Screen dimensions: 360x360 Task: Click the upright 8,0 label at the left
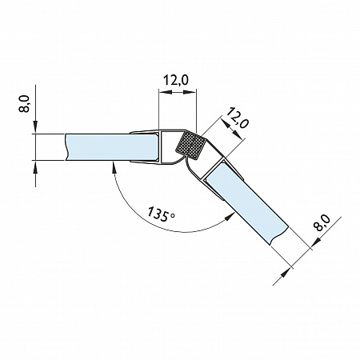24,104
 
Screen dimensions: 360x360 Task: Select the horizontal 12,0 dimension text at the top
175,80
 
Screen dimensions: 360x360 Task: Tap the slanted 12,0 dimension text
238,118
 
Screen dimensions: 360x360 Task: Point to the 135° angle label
162,214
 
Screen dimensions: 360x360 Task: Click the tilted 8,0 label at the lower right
322,223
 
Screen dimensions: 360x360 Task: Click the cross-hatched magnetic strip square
191,146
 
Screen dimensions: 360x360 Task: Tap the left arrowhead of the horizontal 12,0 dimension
165,92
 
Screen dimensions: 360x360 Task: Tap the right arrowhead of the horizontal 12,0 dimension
190,92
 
